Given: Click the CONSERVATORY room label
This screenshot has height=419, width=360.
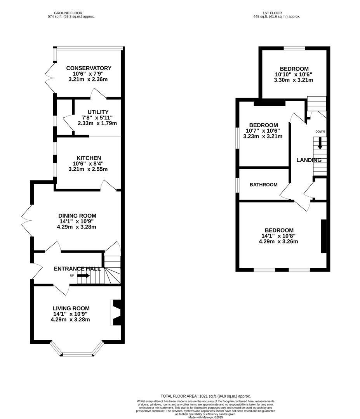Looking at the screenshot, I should point(89,68).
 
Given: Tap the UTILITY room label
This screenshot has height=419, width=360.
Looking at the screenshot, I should point(98,112).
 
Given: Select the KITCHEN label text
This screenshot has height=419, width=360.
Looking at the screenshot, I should point(89,158).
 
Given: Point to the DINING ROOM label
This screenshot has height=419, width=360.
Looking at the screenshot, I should point(77,216).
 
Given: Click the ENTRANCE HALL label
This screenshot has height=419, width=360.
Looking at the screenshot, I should point(77,269).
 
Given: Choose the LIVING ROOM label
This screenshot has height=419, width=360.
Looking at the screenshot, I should point(71,308).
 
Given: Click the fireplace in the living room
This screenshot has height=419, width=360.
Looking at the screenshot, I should point(116,312).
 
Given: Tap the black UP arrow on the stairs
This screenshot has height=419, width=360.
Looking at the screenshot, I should point(83,275).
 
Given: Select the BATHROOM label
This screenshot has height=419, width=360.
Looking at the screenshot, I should point(263,185).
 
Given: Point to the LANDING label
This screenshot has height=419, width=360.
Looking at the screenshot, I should point(309,160).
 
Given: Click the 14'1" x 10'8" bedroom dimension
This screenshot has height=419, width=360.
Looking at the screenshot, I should point(279,236).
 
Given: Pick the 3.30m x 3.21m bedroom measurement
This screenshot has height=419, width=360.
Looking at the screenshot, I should point(293,80).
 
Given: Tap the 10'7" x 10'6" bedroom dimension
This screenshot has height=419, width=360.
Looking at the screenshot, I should point(263,131).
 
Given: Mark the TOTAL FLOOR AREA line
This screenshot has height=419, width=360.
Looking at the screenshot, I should point(203,396).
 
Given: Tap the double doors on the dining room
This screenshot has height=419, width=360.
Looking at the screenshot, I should point(27,221).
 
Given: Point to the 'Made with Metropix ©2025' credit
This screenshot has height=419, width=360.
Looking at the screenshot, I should point(206,417).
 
